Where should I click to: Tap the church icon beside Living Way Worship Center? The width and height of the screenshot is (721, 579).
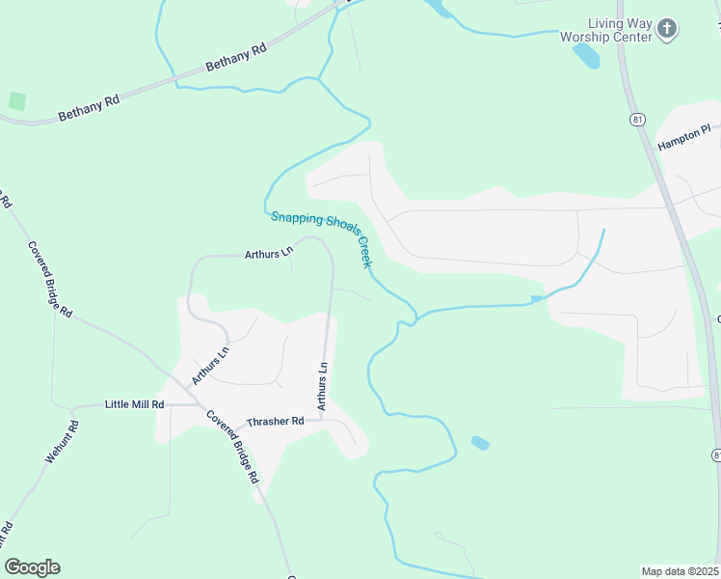(668, 30)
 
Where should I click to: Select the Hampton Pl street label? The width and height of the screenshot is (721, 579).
(683, 136)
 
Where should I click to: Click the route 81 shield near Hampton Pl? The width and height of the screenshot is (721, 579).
(637, 119)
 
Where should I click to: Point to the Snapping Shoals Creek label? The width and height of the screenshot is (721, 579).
(321, 238)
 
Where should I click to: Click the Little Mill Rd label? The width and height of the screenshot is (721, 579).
(134, 405)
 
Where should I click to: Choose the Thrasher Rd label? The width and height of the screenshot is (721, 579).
(275, 422)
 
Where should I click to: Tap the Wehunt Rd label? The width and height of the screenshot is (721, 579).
(61, 442)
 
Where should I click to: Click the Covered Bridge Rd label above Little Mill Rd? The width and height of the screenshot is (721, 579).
(50, 279)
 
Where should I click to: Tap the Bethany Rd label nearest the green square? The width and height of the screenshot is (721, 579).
(88, 107)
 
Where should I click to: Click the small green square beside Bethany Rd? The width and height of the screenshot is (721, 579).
(16, 100)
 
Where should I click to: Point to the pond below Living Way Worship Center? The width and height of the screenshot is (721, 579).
(586, 55)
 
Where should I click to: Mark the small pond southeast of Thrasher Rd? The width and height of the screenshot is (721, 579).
(479, 443)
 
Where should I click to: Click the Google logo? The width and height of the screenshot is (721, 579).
(32, 567)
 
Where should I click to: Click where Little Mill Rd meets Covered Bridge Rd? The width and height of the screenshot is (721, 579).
(200, 406)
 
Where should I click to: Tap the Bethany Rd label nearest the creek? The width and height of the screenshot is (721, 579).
(235, 57)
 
